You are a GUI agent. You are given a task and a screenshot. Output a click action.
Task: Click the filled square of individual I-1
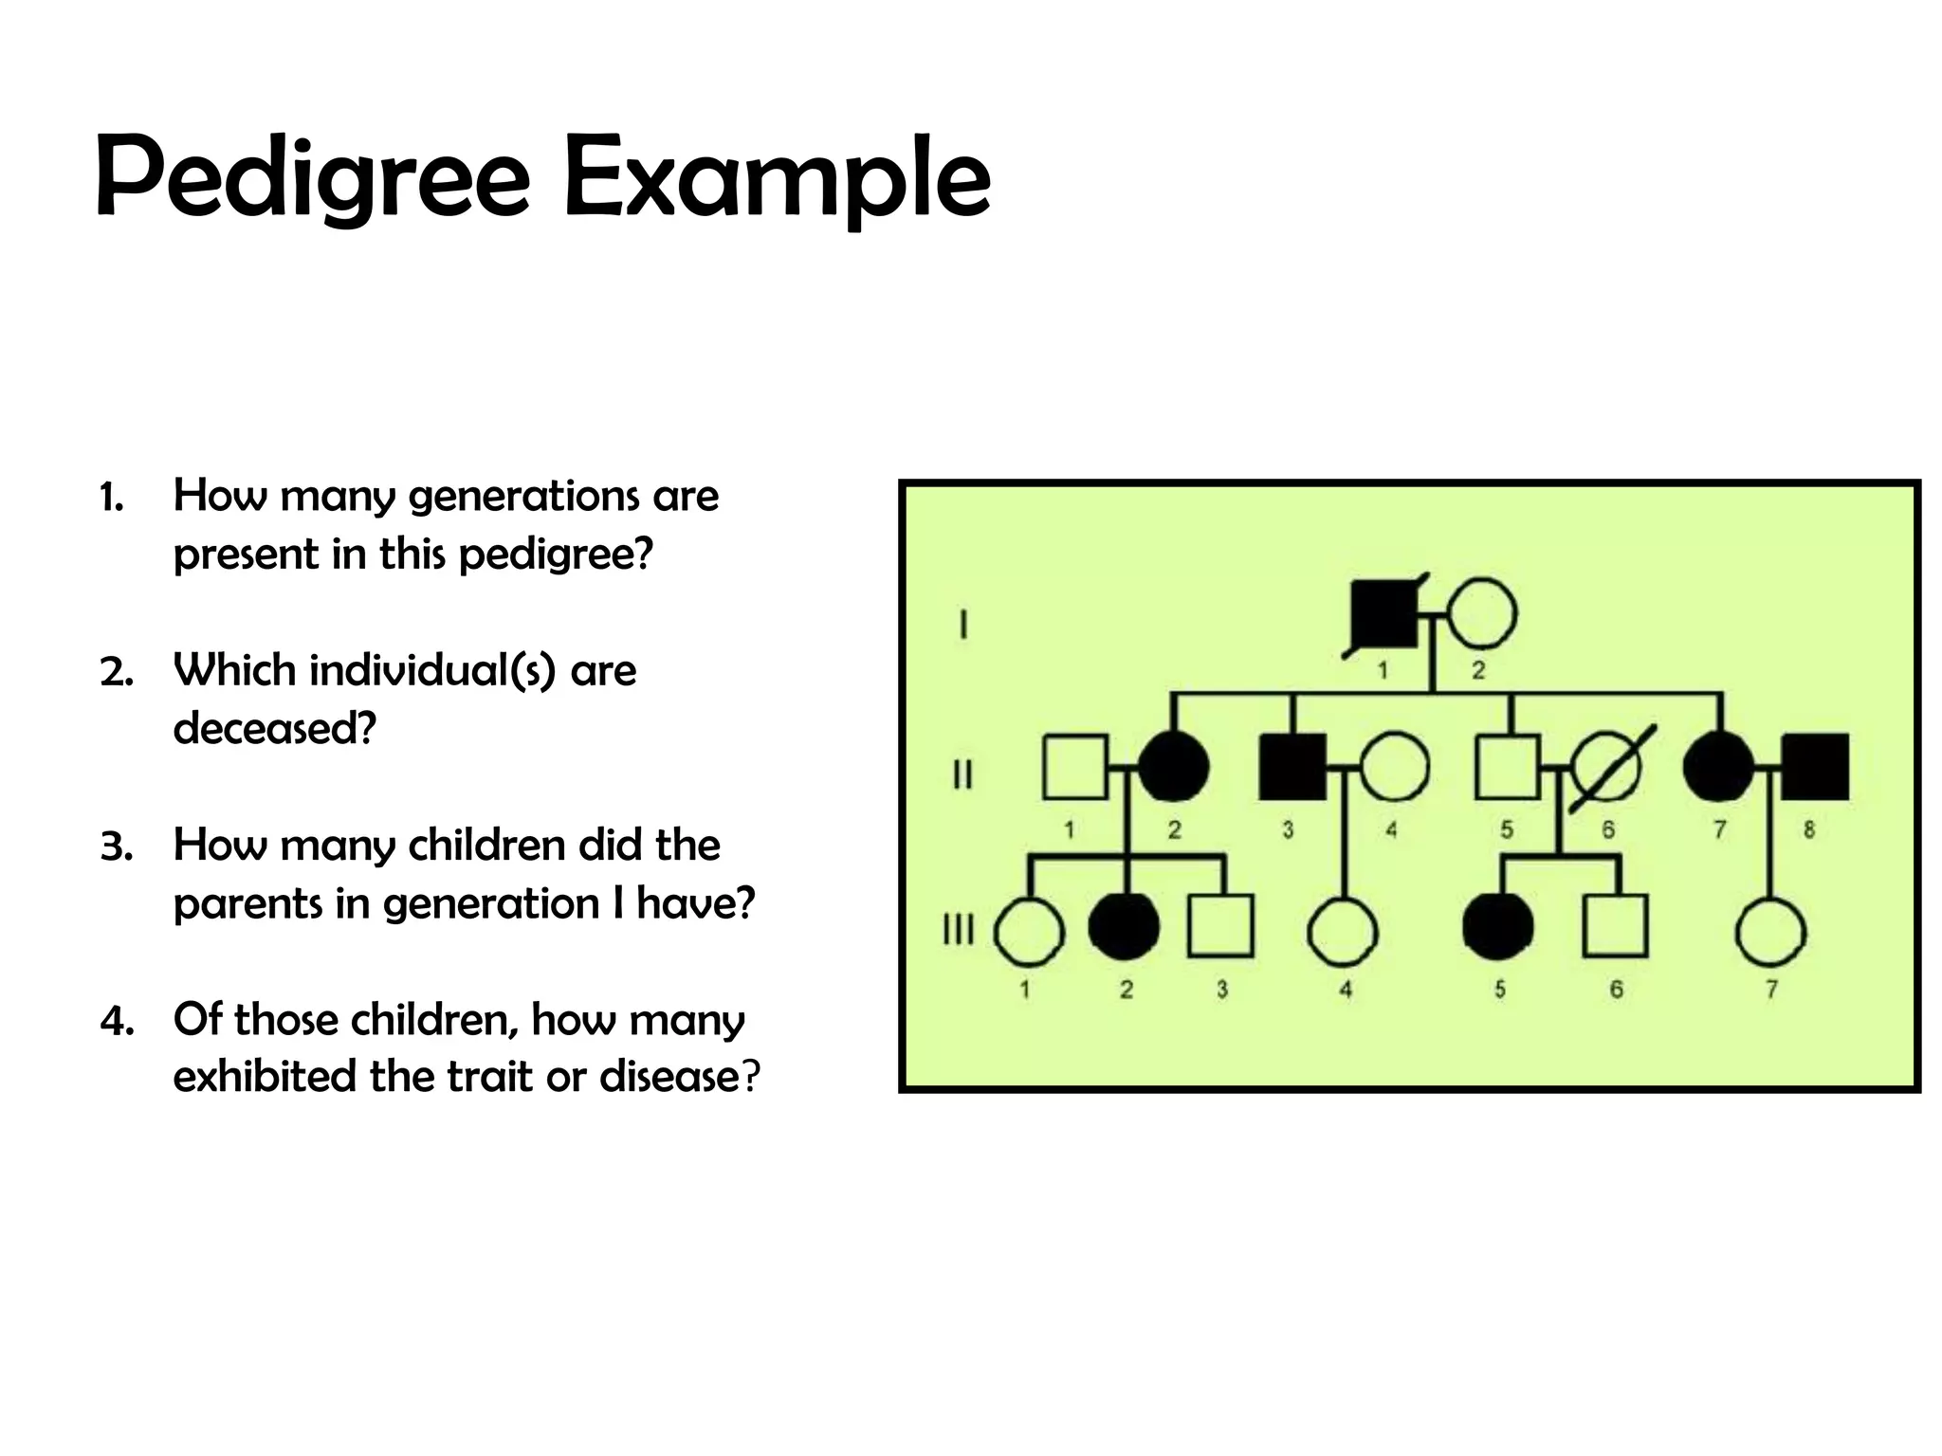[1383, 614]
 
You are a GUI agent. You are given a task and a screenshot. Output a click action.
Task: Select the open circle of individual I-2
[1482, 614]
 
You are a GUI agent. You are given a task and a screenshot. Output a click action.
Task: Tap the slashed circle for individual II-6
[1606, 767]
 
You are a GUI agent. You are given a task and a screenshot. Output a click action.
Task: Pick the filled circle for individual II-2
[1173, 767]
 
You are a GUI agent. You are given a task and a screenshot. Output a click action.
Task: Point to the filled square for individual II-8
[1815, 767]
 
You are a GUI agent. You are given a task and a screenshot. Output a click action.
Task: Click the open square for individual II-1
[1074, 767]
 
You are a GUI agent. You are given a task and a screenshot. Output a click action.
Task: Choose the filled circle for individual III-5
[1498, 926]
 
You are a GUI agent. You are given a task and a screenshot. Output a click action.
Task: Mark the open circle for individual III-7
[1770, 932]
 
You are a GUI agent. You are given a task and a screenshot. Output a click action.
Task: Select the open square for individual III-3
[1220, 926]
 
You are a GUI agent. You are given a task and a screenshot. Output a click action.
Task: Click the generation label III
[959, 930]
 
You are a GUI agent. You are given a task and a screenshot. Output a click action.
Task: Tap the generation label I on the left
[963, 626]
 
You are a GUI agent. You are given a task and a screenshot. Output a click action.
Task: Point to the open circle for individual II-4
[1394, 767]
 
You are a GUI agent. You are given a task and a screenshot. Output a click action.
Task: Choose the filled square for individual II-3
[1292, 767]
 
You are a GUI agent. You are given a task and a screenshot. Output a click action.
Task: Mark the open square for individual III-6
[1616, 926]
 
